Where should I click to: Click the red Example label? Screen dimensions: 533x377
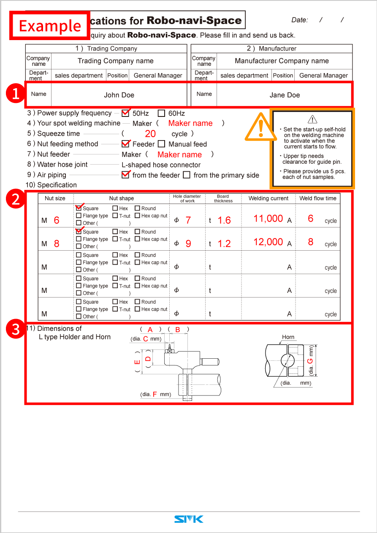click(50, 26)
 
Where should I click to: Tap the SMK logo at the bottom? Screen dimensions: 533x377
click(189, 519)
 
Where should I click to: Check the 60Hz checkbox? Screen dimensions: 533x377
click(161, 113)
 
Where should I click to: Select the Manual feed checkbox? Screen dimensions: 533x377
click(161, 144)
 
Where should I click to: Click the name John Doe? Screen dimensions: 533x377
click(119, 95)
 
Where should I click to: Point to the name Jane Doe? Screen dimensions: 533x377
click(285, 95)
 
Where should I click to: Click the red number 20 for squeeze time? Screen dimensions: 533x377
click(150, 134)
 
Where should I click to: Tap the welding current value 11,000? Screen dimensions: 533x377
click(268, 219)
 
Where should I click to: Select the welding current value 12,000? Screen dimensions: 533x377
click(268, 242)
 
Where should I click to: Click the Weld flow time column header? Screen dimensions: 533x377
click(318, 198)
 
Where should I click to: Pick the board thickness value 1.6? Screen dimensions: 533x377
click(224, 220)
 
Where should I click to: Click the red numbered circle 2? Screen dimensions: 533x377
click(16, 199)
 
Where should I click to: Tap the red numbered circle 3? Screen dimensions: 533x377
click(16, 330)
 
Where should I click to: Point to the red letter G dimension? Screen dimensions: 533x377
click(310, 361)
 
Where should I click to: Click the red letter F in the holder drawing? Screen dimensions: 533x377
click(155, 394)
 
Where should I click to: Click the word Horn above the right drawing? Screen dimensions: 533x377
click(288, 337)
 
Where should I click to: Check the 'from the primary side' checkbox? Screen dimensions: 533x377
click(187, 175)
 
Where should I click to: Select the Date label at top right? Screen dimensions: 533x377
click(299, 20)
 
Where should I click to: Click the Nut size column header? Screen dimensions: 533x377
click(55, 198)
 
